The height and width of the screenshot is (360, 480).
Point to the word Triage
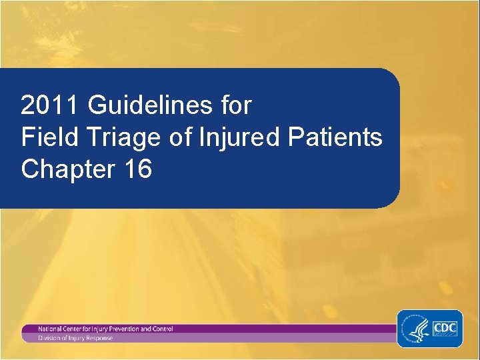pyautogui.click(x=115, y=137)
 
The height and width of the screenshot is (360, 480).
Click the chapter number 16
pyautogui.click(x=137, y=169)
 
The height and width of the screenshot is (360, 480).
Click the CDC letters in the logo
pyautogui.click(x=445, y=328)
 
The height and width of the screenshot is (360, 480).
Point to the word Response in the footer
pyautogui.click(x=98, y=338)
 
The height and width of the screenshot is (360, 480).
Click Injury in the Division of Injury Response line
pyautogui.click(x=75, y=338)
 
